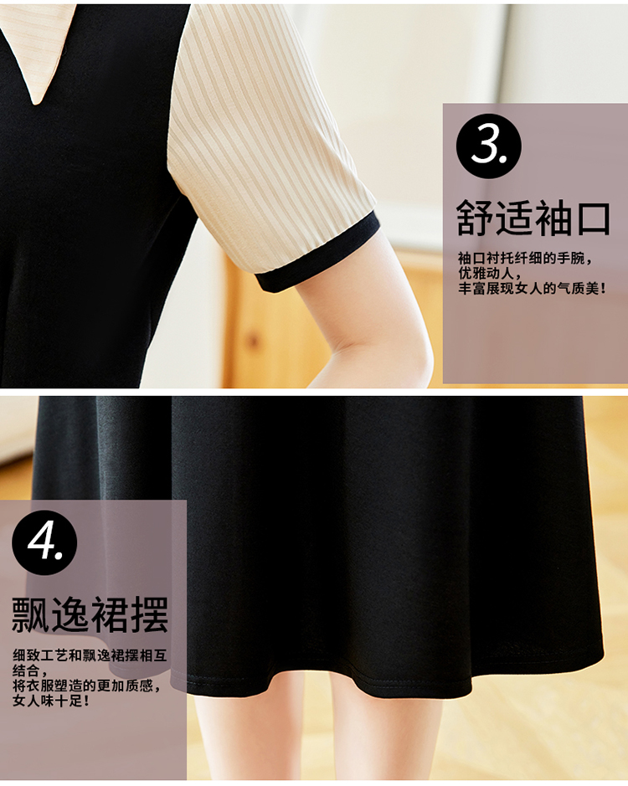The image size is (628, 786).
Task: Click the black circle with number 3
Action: [x=488, y=146]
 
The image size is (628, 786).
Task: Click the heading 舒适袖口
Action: [x=533, y=218]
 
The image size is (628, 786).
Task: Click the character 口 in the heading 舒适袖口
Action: [x=592, y=219]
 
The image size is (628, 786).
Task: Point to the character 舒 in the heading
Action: [x=475, y=218]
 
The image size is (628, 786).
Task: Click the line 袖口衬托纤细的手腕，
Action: [x=526, y=259]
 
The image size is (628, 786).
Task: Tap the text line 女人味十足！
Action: [x=52, y=701]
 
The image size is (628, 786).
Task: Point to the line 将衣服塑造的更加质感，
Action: [x=87, y=686]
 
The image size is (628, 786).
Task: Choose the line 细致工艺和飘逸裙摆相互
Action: [x=90, y=655]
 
